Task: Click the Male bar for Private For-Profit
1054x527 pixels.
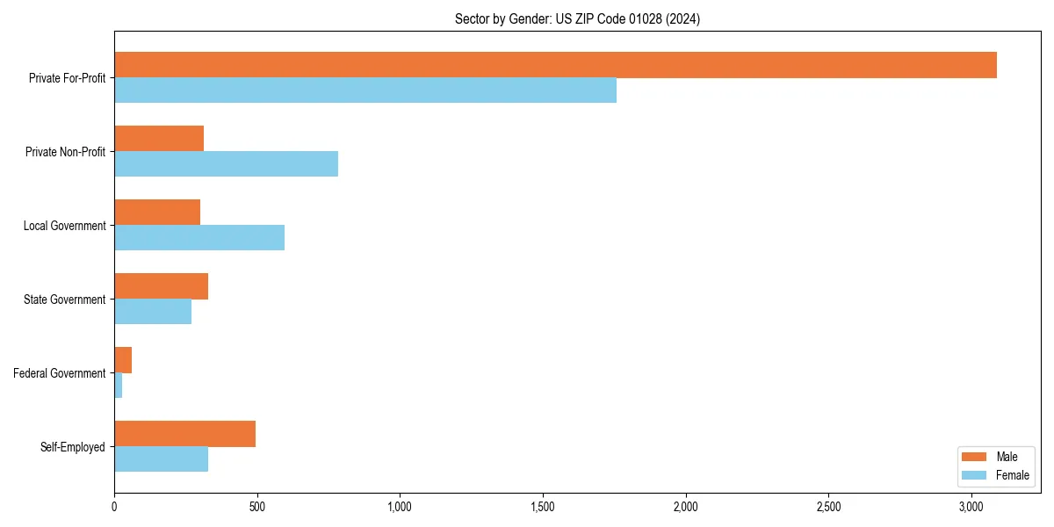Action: point(555,65)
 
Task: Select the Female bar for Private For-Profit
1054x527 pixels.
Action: point(365,90)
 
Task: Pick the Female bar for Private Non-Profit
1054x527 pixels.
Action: point(226,164)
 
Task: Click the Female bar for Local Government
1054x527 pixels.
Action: point(199,238)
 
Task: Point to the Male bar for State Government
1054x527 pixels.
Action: point(161,286)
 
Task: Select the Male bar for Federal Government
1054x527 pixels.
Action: point(123,360)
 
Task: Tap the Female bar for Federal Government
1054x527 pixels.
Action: point(119,386)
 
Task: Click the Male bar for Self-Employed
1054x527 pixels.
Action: point(184,434)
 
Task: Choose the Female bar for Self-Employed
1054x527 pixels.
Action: point(161,459)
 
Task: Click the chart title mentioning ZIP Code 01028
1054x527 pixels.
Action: point(577,18)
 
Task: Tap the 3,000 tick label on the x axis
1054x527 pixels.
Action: point(971,508)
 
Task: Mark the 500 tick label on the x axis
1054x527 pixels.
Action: point(257,508)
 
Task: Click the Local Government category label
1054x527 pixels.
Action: point(64,226)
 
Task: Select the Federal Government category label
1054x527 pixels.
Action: point(59,373)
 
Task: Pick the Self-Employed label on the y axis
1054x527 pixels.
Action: point(72,447)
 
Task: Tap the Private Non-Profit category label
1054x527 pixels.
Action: point(65,152)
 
